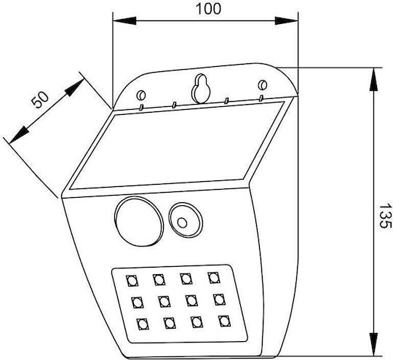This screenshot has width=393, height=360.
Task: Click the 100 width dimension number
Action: coord(208,9)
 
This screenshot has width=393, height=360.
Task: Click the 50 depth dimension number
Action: coord(39,100)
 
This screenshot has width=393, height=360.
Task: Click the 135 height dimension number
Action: coord(385,216)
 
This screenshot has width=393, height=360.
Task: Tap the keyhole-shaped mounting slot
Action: coord(201,89)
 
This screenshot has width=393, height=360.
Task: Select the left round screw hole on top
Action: coord(141,95)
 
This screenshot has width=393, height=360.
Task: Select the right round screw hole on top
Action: coord(263,85)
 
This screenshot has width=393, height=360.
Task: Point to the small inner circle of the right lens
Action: coord(182,223)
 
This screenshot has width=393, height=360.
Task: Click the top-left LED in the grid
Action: coord(132,281)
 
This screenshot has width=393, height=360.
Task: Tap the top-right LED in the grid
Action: coord(214,278)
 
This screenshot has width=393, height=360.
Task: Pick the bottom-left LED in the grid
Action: coord(143,324)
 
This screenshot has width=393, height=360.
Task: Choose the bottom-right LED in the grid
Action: coord(224,321)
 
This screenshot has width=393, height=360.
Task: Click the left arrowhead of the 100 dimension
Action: coord(124,21)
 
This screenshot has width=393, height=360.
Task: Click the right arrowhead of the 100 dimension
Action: coord(287,21)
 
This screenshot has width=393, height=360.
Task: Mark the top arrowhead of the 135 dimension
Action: coord(373,79)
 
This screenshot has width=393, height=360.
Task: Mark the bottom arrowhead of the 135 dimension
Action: coord(373,344)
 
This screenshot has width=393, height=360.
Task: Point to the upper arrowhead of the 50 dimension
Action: coord(74,87)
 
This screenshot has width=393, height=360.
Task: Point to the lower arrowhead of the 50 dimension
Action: coord(19,135)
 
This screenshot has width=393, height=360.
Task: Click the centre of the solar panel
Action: coord(177,145)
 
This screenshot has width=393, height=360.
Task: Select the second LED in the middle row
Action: coord(164,302)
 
